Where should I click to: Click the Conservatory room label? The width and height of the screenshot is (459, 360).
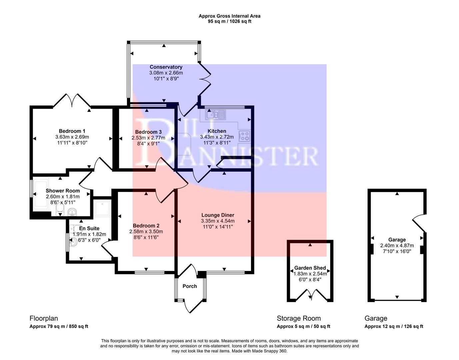[166, 67]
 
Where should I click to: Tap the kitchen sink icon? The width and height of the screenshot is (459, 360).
[216, 115]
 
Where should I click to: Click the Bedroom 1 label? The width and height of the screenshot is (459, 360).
[72, 131]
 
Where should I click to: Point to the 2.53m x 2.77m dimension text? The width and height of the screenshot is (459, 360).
[148, 138]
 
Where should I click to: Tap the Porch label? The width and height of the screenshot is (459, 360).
[190, 286]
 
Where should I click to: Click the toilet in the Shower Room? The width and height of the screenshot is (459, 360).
[60, 209]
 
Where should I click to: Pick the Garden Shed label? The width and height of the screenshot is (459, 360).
[310, 268]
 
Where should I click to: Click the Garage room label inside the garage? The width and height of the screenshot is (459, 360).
[397, 240]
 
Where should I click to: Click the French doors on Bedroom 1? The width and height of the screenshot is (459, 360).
[72, 100]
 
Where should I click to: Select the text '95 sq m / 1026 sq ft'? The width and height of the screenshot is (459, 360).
[229, 21]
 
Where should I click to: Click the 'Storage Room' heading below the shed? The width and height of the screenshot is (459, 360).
[299, 318]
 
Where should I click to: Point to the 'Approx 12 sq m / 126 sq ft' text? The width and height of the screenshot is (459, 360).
[394, 326]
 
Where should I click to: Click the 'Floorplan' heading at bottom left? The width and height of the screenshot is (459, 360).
[41, 318]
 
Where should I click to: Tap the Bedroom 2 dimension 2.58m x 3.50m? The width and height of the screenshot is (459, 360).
[146, 232]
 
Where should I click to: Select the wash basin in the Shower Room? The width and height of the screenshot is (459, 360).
[72, 212]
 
